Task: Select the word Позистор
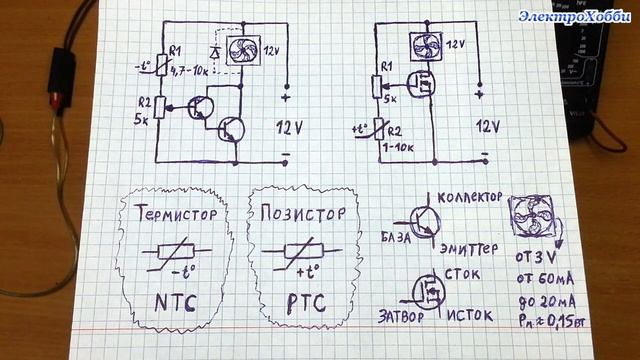(x=302, y=213)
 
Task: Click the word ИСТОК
(x=468, y=316)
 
